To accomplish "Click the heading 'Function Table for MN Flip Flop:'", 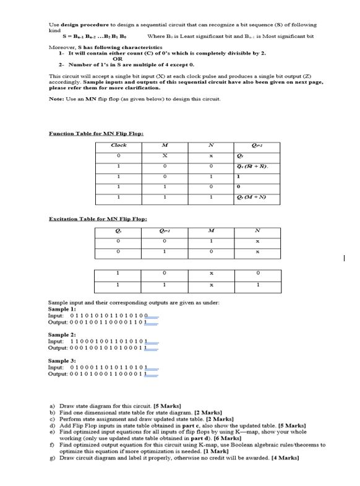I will point(96,133).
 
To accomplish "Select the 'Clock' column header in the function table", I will point(119,145).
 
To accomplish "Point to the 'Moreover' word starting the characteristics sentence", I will point(61,47).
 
